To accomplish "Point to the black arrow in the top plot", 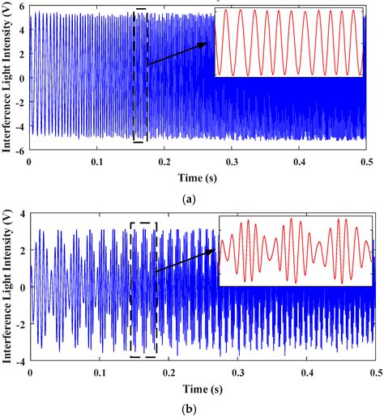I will click(x=180, y=53).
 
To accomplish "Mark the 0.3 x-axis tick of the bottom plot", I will click(x=237, y=373).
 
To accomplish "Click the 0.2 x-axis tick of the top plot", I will click(x=168, y=161).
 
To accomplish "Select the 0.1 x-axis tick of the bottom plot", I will click(x=99, y=373).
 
